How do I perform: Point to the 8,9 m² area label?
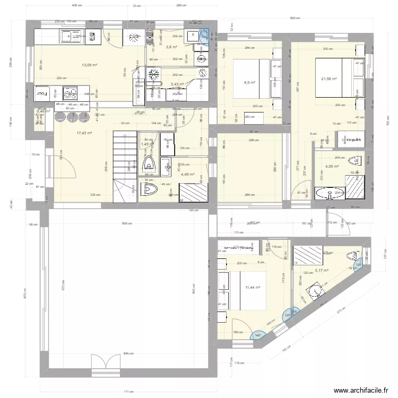249,83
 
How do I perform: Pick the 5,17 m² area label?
322,270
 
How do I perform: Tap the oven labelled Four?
42,93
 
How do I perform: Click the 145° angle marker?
258,335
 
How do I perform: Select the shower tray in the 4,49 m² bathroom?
190,191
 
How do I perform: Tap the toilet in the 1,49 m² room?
150,163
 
